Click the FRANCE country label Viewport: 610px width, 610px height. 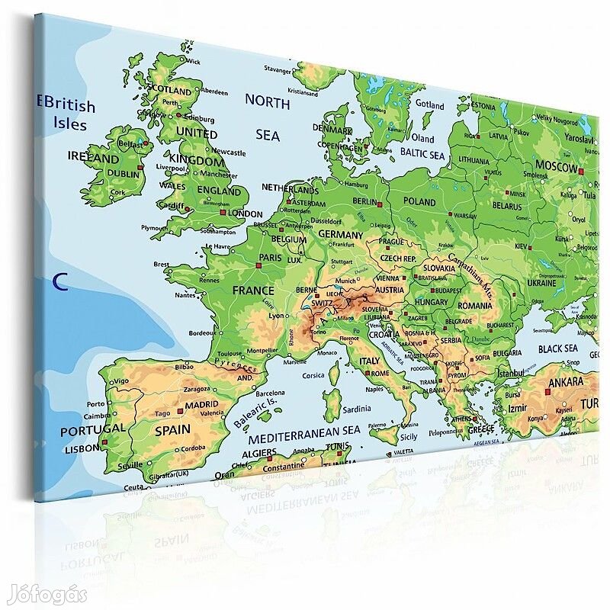click(x=253, y=291)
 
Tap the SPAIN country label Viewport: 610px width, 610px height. click(x=172, y=429)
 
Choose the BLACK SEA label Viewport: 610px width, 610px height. click(x=557, y=348)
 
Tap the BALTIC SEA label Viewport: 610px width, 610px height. click(x=422, y=155)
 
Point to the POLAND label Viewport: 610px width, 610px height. click(x=419, y=201)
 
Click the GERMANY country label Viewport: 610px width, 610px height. click(x=340, y=234)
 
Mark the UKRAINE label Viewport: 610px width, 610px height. click(x=542, y=283)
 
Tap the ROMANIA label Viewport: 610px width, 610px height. click(x=476, y=305)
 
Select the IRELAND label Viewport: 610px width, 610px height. click(x=94, y=159)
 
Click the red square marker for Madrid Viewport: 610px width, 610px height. click(x=180, y=412)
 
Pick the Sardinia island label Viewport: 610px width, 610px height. click(x=357, y=409)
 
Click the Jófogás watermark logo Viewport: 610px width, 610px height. click(x=44, y=594)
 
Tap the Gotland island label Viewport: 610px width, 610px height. click(x=429, y=104)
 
